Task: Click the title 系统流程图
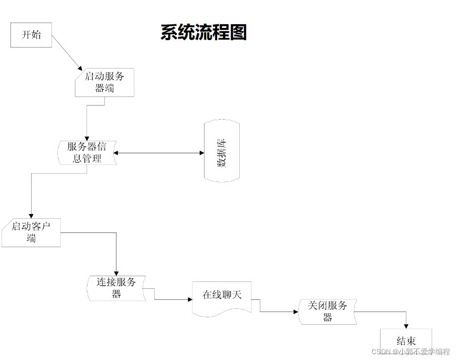pyautogui.click(x=203, y=33)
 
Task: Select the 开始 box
pyautogui.click(x=31, y=35)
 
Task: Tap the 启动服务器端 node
pyautogui.click(x=104, y=82)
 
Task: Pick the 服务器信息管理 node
pyautogui.click(x=87, y=152)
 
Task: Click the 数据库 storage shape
pyautogui.click(x=222, y=151)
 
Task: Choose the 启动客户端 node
pyautogui.click(x=31, y=232)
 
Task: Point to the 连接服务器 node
pyautogui.click(x=116, y=288)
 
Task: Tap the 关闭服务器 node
pyautogui.click(x=327, y=311)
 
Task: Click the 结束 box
pyautogui.click(x=406, y=340)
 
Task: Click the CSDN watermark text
pyautogui.click(x=411, y=352)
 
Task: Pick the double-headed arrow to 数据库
pyautogui.click(x=159, y=153)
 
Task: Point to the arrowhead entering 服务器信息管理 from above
pyautogui.click(x=86, y=138)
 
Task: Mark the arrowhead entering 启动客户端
pyautogui.click(x=31, y=215)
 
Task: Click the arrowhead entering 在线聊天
pyautogui.click(x=190, y=299)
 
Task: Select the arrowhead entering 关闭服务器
pyautogui.click(x=296, y=312)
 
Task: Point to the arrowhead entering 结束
pyautogui.click(x=406, y=326)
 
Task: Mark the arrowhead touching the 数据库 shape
pyautogui.click(x=201, y=153)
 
